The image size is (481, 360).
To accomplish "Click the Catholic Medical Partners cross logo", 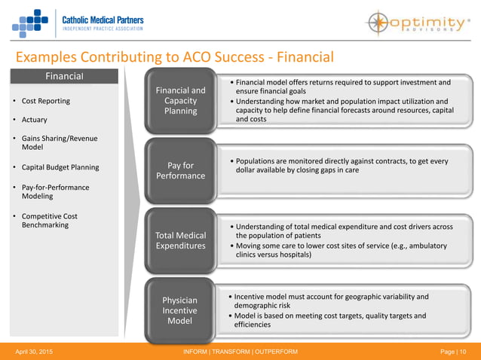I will click(31, 23).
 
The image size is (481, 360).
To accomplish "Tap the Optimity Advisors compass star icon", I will click(381, 23).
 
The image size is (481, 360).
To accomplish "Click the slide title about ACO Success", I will click(174, 57).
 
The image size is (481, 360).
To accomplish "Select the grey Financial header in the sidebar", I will click(64, 76).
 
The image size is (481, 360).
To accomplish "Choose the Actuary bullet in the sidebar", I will click(34, 120).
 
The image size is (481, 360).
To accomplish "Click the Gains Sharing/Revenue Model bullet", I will click(60, 143).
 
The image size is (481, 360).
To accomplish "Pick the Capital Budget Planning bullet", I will click(60, 167).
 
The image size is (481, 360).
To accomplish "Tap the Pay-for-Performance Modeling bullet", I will click(55, 192).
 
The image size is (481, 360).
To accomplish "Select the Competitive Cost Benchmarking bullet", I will click(50, 221).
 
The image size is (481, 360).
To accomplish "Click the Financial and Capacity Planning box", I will click(180, 101).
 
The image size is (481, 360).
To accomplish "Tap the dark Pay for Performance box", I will click(180, 169).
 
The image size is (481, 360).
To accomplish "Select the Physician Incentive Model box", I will click(180, 310).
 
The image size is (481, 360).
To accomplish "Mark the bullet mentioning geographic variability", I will click(332, 301).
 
